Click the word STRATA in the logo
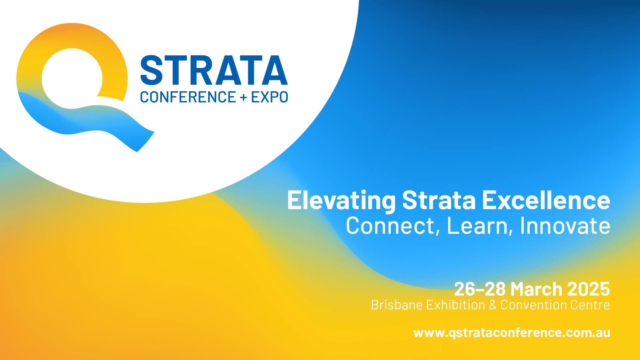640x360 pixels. click(x=214, y=70)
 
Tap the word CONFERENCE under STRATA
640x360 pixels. click(x=188, y=97)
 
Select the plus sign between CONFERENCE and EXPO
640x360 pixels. click(x=244, y=97)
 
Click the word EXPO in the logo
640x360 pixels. click(x=270, y=97)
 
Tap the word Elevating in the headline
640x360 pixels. click(x=341, y=201)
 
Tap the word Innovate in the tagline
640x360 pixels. click(x=565, y=225)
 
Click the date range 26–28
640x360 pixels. click(x=480, y=289)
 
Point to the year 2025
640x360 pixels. click(x=588, y=289)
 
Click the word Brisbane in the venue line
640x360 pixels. click(x=395, y=305)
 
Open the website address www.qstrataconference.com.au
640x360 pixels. click(x=512, y=333)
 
